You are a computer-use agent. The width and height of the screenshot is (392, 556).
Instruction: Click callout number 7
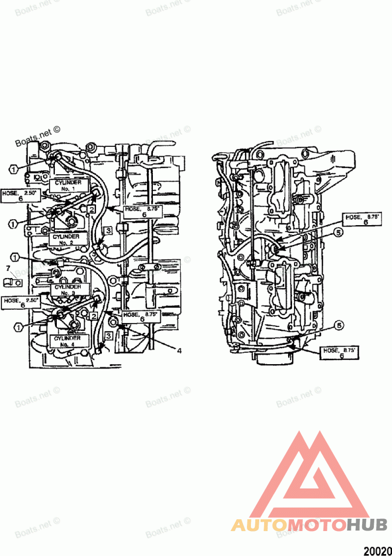click(x=7, y=268)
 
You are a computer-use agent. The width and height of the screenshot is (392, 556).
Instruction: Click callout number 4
click(x=179, y=351)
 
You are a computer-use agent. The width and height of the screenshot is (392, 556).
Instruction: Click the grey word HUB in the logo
click(x=367, y=525)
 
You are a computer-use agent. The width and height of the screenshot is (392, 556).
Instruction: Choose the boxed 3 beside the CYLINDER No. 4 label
click(x=109, y=336)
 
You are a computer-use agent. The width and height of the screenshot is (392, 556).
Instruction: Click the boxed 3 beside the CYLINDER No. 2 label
click(x=108, y=230)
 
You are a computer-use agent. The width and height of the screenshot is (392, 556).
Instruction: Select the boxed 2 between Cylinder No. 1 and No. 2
click(x=92, y=209)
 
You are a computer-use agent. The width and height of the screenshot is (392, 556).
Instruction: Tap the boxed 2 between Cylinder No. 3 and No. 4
click(x=93, y=316)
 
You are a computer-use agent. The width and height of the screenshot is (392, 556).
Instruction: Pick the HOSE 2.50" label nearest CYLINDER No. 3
click(x=21, y=302)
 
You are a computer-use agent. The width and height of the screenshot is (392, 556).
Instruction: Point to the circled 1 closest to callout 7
click(x=16, y=257)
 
